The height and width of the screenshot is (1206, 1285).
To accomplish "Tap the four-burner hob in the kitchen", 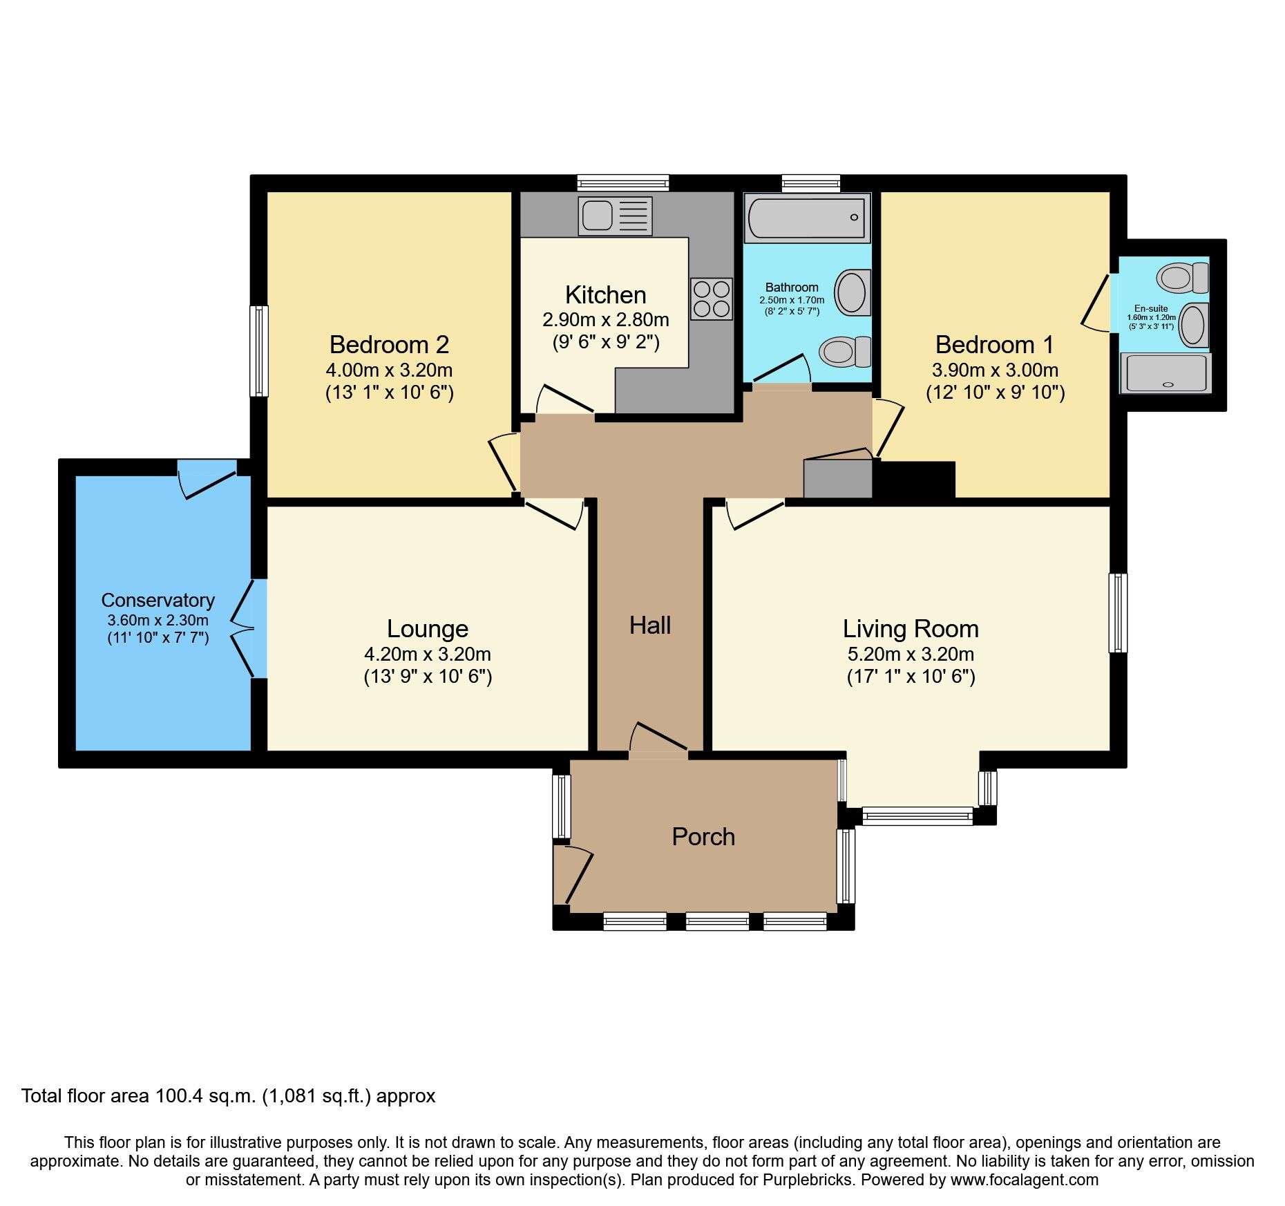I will [x=711, y=299].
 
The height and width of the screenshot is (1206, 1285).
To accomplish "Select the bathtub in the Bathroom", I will [x=807, y=218].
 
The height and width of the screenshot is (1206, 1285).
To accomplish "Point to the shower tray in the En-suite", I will [x=1165, y=374].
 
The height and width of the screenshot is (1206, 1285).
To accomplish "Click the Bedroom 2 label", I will [x=389, y=344].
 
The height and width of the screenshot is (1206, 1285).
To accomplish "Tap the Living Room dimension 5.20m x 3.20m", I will [x=911, y=654].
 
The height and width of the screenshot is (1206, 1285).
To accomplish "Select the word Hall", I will [x=649, y=625].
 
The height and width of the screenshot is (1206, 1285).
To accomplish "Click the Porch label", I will [x=703, y=837].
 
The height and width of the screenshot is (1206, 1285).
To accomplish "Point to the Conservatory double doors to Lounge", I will [x=245, y=628].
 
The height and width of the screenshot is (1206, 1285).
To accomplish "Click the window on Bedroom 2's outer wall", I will [x=258, y=351].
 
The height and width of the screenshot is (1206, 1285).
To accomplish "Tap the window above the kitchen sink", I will [x=623, y=183].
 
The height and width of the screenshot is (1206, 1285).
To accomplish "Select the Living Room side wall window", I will [x=1118, y=612].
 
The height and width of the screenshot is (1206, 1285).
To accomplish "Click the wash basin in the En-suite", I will [x=1192, y=325].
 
